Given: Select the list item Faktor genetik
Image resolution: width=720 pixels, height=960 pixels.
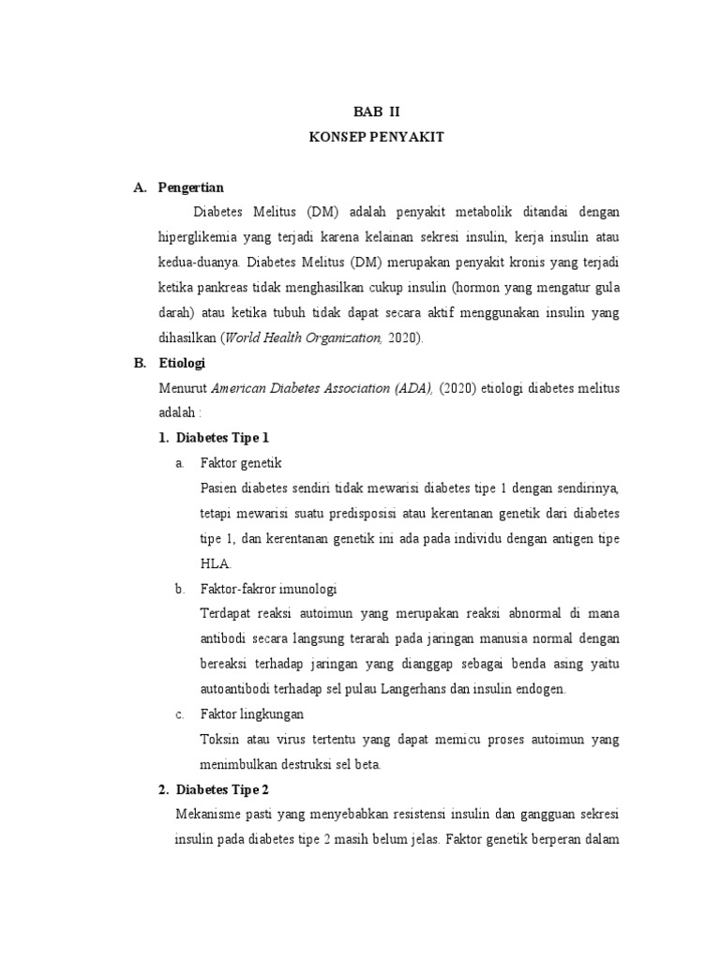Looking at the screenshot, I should [x=241, y=463].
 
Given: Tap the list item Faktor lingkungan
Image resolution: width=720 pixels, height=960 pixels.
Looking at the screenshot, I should [x=251, y=714].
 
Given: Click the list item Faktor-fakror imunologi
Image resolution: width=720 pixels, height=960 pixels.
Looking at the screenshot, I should [x=268, y=589].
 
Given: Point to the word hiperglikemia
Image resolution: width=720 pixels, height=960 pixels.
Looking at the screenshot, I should [x=199, y=236].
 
